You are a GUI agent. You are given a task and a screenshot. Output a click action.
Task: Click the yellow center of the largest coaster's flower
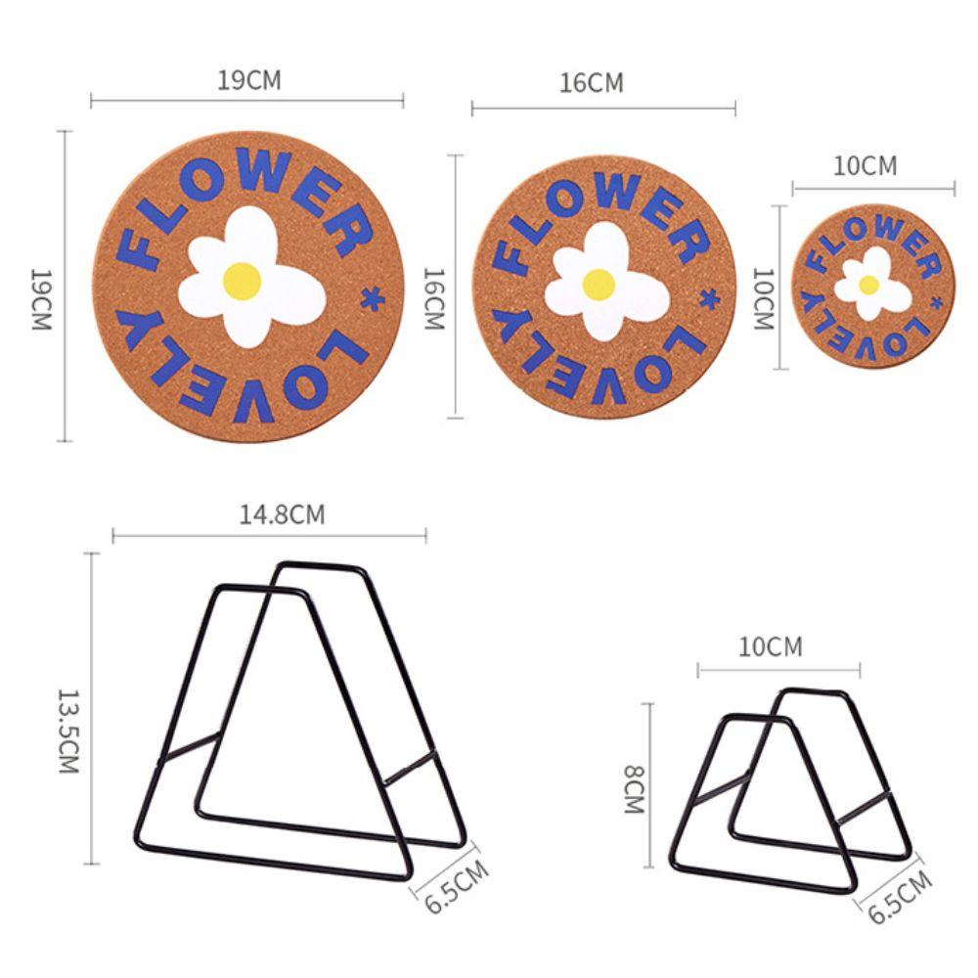242,281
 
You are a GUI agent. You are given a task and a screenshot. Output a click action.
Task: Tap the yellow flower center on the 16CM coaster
599,285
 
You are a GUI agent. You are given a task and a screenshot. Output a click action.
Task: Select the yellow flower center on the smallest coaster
868,285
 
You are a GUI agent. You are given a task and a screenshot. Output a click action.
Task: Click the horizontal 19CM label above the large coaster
249,80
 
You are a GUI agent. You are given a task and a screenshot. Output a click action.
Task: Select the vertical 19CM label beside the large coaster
42,299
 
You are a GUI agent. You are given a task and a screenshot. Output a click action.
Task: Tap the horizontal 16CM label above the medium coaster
592,83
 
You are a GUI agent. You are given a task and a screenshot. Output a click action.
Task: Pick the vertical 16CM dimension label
433,299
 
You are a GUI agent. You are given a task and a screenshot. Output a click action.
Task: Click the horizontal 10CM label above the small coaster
866,166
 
